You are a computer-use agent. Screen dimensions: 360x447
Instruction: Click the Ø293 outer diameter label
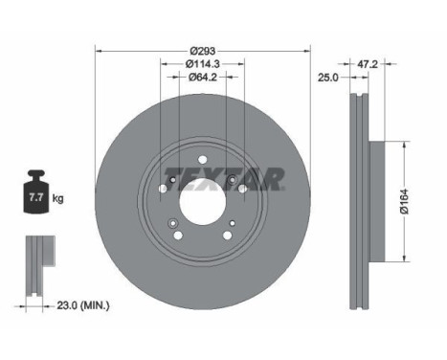point(201,50)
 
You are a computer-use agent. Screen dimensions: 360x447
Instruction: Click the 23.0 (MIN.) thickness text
point(83,305)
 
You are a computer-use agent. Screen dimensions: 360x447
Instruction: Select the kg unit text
point(58,199)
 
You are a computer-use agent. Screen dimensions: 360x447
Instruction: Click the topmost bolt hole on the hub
point(202,160)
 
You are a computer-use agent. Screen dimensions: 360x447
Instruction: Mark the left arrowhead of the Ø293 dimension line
point(98,50)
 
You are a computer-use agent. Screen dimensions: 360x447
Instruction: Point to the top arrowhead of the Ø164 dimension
point(391,144)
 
